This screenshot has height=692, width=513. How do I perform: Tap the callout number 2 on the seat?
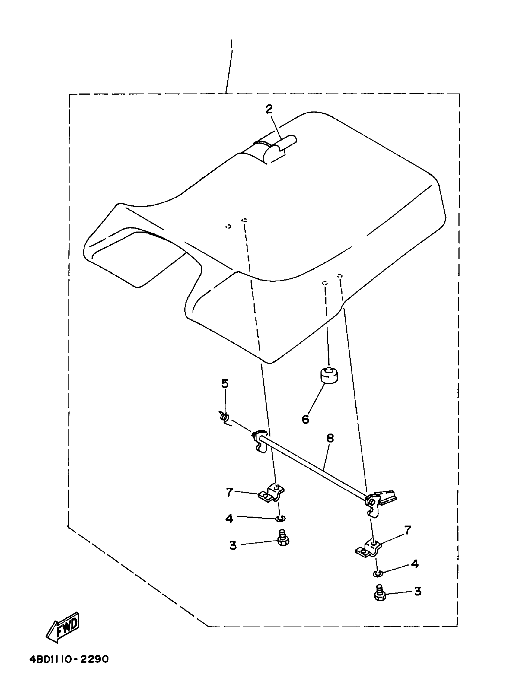tap(269, 109)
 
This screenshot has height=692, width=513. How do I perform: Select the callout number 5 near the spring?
tap(225, 384)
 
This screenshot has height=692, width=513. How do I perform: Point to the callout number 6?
tap(306, 420)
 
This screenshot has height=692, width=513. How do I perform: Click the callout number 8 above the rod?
tap(330, 438)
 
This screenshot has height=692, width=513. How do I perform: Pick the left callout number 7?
tap(229, 492)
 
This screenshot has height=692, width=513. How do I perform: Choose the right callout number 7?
tap(407, 530)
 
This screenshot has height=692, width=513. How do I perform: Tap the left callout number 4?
tap(229, 519)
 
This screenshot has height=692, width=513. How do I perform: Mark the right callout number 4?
tap(415, 563)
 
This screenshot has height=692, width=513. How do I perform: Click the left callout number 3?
tap(233, 545)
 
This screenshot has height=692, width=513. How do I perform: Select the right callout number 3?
tap(418, 592)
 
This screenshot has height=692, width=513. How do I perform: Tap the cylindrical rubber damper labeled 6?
tap(329, 376)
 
